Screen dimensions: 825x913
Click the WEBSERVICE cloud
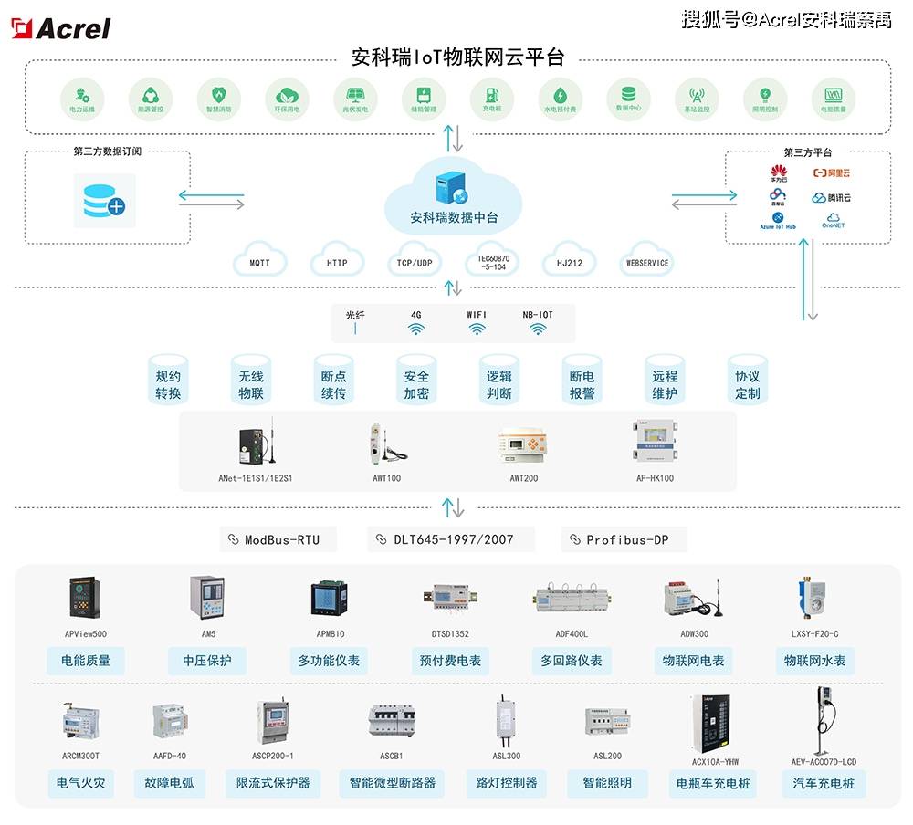tap(646, 263)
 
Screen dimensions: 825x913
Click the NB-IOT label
tap(538, 315)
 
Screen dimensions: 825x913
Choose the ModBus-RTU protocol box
tap(278, 539)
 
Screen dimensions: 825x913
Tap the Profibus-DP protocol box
tap(624, 539)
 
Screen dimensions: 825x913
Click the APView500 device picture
tap(86, 598)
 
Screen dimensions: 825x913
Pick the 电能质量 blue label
tap(86, 661)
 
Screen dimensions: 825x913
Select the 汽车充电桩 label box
tap(824, 783)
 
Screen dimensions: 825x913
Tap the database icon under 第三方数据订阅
tap(103, 200)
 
